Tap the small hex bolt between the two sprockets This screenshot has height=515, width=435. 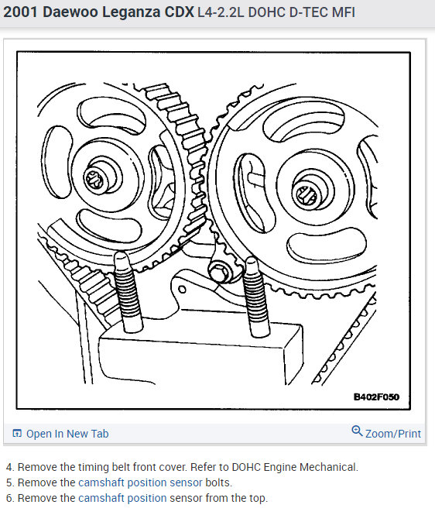(219, 271)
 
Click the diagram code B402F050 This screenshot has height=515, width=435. (378, 397)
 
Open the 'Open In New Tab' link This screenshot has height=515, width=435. (67, 434)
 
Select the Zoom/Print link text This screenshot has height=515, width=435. (393, 434)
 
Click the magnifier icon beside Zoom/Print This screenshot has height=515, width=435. (357, 431)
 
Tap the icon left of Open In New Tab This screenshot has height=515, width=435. (17, 434)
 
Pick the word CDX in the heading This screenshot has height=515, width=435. (179, 13)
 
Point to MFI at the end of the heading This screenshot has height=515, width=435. (342, 13)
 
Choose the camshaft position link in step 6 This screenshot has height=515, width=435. (122, 498)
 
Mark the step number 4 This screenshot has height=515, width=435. (9, 467)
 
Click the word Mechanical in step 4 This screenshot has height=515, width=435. (328, 467)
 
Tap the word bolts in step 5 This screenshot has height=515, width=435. (221, 482)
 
